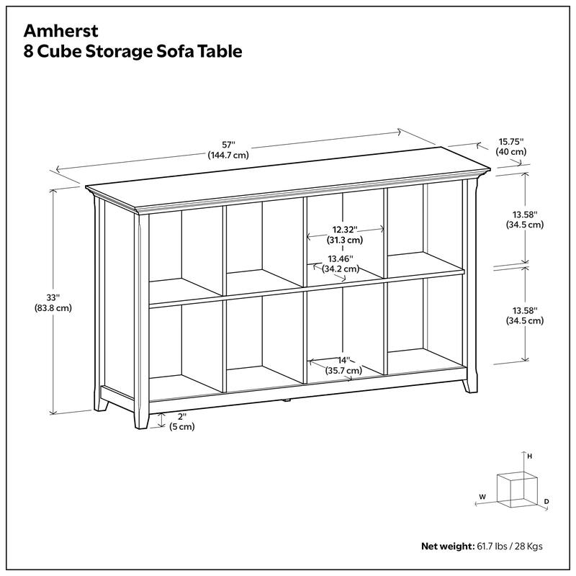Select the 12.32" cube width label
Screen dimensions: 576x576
click(x=345, y=229)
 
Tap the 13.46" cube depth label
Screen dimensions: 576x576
click(x=341, y=258)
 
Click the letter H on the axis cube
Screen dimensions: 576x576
click(x=529, y=456)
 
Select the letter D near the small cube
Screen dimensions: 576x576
click(x=546, y=500)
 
